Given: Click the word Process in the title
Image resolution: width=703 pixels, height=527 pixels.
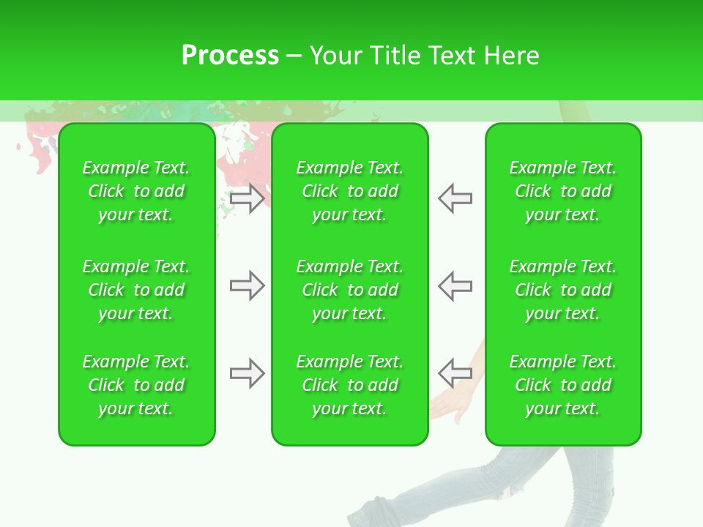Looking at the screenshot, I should coord(230,56).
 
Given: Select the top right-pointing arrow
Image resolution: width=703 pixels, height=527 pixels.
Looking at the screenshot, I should coord(247,198).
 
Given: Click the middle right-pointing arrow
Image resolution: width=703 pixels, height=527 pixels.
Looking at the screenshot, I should coord(247,285).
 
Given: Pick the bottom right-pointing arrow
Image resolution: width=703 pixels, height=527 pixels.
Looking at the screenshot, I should coord(247,374).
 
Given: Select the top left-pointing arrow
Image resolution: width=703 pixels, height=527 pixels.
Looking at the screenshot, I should coord(455,198).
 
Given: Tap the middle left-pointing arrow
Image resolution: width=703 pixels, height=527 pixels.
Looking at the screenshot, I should coord(455,285).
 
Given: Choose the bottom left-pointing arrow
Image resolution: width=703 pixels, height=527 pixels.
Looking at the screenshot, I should coord(455,373).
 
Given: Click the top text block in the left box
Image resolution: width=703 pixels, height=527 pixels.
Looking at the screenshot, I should coord(136,191).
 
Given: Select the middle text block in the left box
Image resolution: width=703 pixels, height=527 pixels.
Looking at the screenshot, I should coord(136,290).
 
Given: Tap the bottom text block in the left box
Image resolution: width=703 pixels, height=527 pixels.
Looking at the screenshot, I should coord(136,385).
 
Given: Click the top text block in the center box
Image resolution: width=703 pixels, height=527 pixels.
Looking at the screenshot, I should coord(349,191).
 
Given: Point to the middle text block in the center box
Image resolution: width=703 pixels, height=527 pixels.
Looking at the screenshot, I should coord(349,290).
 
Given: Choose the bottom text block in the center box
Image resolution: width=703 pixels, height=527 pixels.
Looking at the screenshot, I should coord(349,385).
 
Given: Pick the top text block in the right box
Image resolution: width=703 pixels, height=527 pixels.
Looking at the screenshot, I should coord(562,191).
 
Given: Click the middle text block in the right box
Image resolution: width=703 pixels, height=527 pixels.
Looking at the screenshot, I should coord(562,290).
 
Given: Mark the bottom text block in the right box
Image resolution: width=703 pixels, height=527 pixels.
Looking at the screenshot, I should coord(562,385).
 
